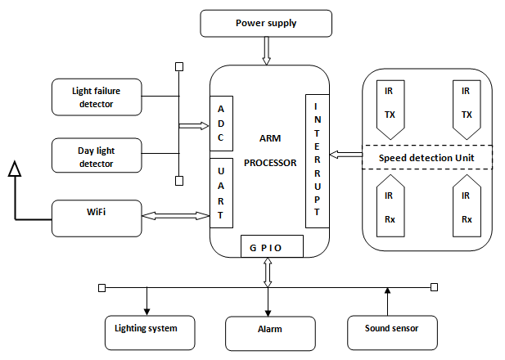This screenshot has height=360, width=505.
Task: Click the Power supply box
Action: pyautogui.click(x=266, y=24)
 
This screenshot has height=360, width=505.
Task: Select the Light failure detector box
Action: pyautogui.click(x=97, y=97)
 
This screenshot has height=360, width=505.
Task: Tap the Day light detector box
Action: pyautogui.click(x=97, y=156)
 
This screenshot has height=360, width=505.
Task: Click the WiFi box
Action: pyautogui.click(x=97, y=214)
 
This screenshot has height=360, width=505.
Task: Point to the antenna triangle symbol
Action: pyautogui.click(x=14, y=169)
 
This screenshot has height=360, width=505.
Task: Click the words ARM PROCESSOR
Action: pyautogui.click(x=270, y=151)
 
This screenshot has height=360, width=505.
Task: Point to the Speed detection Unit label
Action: pyautogui.click(x=426, y=157)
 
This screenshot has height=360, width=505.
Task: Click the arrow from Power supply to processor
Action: pyautogui.click(x=266, y=51)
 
